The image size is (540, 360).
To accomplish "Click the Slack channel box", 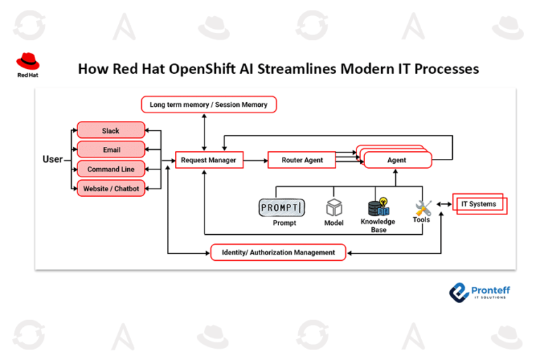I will point(110,131).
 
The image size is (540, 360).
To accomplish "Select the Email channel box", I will point(110,150).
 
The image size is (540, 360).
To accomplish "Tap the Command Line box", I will point(110,169).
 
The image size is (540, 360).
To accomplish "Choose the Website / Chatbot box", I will point(110,188).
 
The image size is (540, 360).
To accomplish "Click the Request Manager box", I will point(208,160).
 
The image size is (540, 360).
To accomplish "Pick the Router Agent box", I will point(302,160).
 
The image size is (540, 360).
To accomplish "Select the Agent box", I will point(396,160).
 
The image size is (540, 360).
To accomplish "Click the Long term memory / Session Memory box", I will point(209,105).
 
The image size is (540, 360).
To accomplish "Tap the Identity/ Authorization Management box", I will point(278,252).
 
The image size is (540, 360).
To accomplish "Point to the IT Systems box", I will point(479,204).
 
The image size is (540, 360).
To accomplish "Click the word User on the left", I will point(53,160).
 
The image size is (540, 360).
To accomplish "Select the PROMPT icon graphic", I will point(282,207).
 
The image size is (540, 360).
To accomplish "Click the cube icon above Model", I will point(333,207).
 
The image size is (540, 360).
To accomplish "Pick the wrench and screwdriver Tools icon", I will point(423,207).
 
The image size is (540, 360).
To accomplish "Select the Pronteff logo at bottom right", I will point(480,292).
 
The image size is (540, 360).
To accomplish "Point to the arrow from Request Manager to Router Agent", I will point(255,160).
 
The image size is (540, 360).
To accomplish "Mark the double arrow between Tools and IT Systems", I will point(443,205).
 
